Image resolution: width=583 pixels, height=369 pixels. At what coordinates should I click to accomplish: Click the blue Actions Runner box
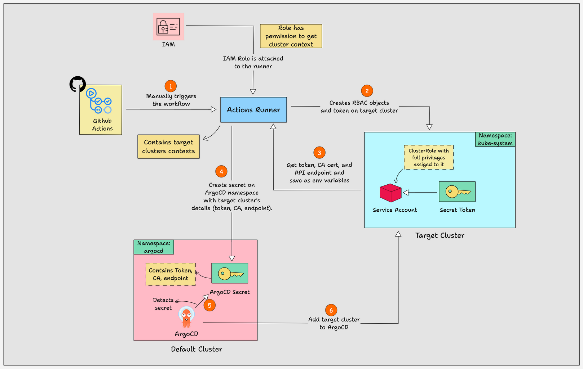[x=253, y=110]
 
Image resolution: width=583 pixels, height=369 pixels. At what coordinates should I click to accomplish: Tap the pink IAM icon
[x=168, y=27]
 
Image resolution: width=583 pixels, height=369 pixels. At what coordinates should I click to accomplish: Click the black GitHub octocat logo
[x=78, y=84]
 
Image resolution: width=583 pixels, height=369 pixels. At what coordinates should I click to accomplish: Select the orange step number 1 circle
[x=171, y=86]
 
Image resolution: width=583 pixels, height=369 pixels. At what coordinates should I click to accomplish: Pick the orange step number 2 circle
[x=367, y=91]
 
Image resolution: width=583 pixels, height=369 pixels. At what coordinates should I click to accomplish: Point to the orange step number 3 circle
[x=319, y=153]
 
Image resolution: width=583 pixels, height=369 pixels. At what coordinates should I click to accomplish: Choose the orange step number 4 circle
[x=221, y=172]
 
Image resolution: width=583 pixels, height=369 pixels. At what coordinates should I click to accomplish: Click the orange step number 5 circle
[x=209, y=305]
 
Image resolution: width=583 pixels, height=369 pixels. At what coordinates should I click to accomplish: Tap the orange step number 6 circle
[x=331, y=310]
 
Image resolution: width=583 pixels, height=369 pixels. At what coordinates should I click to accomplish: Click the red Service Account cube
[x=390, y=193]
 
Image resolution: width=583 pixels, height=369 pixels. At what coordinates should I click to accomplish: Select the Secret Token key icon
[x=457, y=192]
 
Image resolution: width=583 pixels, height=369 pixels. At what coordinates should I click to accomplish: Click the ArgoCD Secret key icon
[x=230, y=273]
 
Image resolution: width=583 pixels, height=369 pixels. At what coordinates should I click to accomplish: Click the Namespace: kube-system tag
[x=495, y=139]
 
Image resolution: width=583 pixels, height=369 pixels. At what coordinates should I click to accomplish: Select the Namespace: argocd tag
[x=154, y=247]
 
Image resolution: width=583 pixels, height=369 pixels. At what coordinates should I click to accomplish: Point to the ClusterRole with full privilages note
[x=428, y=157]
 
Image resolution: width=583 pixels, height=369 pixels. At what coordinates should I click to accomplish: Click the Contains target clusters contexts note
[x=168, y=147]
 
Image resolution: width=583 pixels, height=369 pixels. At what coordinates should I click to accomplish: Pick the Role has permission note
[x=291, y=36]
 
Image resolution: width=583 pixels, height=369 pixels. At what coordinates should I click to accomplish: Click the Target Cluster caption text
[x=440, y=235]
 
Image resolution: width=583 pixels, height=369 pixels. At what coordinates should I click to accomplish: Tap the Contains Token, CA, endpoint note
[x=171, y=274]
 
